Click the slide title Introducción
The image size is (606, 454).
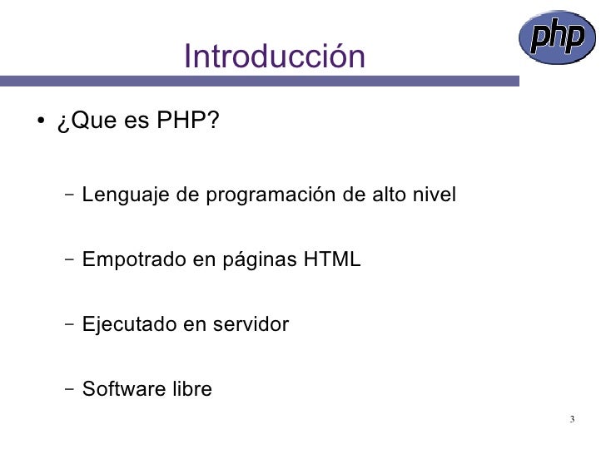pos(275,57)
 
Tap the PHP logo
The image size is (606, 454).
pos(558,38)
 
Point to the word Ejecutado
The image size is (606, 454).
pos(127,325)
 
